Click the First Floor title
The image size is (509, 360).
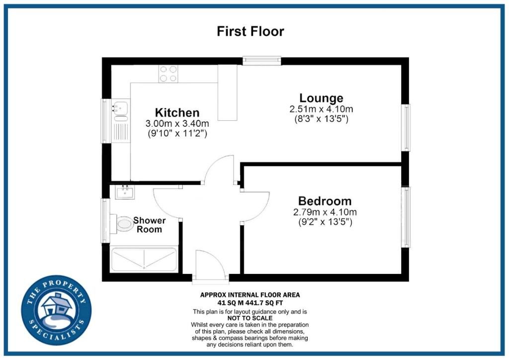tap(251, 31)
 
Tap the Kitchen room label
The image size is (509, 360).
tap(177, 113)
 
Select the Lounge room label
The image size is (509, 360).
tap(321, 98)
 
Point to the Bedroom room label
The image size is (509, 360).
tap(325, 201)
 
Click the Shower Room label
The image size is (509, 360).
tap(149, 225)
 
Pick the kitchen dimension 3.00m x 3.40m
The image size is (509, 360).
tap(177, 124)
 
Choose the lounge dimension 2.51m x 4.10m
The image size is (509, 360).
tap(322, 109)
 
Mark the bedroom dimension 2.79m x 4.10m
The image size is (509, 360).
tap(325, 212)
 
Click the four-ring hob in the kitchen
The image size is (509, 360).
tap(168, 74)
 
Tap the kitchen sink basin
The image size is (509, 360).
tap(120, 107)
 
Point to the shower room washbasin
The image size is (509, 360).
tap(125, 192)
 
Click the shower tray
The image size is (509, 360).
tap(144, 259)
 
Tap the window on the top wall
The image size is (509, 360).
tap(261, 60)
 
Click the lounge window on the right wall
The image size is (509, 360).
tap(406, 128)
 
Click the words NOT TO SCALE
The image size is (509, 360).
tap(250, 318)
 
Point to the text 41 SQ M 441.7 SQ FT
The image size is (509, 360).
tap(250, 303)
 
